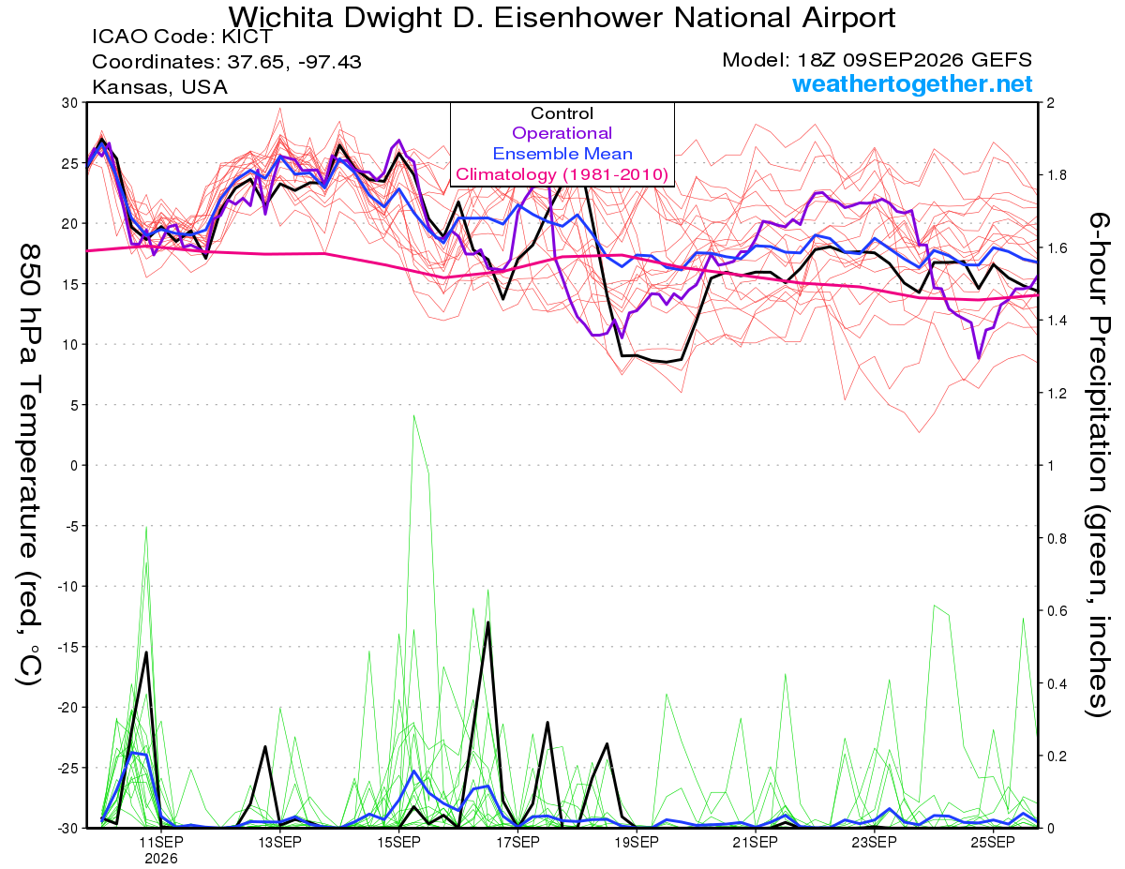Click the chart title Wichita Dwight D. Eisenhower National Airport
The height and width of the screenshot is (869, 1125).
(562, 18)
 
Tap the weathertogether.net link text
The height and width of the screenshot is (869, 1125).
(912, 83)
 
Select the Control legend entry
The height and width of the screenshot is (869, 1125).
(562, 113)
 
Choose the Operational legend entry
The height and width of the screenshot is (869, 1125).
(562, 133)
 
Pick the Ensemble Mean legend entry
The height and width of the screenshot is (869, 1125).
(562, 154)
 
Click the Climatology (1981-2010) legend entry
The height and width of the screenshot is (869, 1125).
(562, 174)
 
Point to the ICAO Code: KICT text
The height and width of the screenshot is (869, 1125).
(182, 37)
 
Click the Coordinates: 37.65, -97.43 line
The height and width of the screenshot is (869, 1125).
(227, 62)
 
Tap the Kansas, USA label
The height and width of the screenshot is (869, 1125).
(160, 87)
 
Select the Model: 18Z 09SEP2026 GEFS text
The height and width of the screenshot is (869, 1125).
(877, 60)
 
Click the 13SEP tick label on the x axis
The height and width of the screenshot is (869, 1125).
(279, 842)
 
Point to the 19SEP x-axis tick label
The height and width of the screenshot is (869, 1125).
(637, 842)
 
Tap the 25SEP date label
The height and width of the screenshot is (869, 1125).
(993, 842)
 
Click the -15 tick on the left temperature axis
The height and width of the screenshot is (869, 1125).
(67, 647)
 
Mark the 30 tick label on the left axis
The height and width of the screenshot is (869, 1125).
(70, 103)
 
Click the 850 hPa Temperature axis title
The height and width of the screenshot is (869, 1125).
(30, 465)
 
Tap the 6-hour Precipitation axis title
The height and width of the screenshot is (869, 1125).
(1099, 465)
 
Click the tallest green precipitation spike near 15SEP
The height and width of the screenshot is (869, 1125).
(413, 415)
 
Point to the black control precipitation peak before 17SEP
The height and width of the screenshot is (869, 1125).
(488, 622)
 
